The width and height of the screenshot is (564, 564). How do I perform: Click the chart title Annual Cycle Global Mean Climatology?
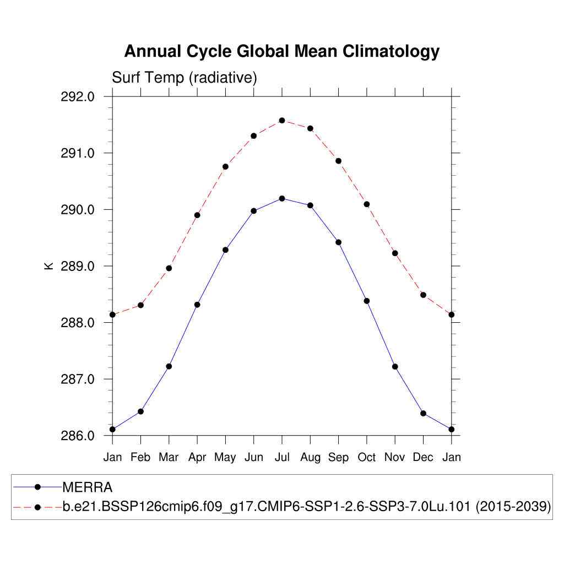(281, 51)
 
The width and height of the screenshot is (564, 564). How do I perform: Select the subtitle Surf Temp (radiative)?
(185, 78)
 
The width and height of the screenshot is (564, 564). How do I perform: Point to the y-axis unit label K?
(48, 265)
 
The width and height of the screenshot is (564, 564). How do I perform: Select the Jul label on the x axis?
(282, 457)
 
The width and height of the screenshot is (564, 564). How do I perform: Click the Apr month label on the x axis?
(197, 457)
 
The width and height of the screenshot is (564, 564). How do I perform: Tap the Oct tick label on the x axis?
(367, 457)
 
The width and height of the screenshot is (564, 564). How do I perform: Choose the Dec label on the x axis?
(423, 457)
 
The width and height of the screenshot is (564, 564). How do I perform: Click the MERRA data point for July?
(282, 198)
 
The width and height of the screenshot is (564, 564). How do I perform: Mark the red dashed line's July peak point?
(282, 120)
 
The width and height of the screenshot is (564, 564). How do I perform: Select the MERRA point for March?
(169, 366)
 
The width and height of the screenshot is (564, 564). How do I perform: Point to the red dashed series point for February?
(141, 305)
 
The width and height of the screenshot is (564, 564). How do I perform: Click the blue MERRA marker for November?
(395, 367)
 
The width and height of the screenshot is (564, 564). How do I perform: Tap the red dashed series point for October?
(367, 204)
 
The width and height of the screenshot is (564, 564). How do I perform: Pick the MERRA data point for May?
(225, 250)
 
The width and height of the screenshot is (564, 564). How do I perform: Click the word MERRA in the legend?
(88, 487)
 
